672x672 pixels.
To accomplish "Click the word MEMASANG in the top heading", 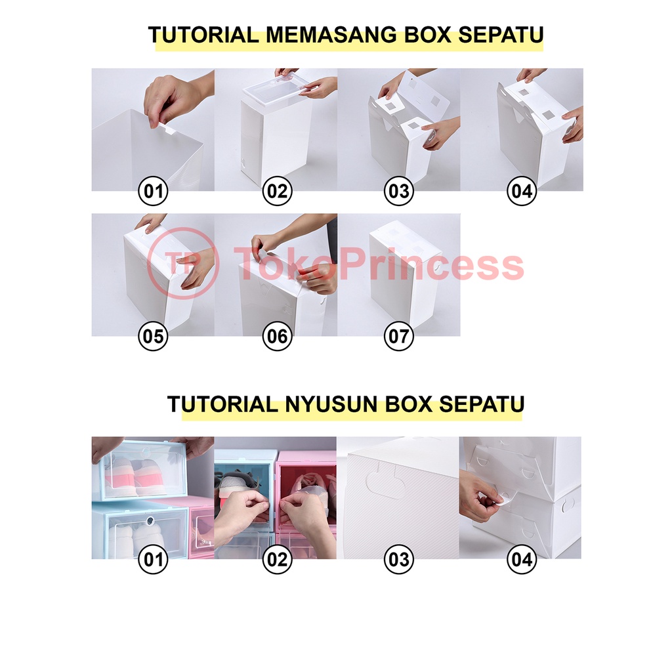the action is pyautogui.click(x=331, y=35).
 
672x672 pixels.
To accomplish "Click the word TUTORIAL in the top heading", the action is pyautogui.click(x=203, y=35).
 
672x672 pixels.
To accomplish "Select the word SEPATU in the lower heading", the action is pyautogui.click(x=482, y=404).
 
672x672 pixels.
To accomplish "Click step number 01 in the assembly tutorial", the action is pyautogui.click(x=153, y=191).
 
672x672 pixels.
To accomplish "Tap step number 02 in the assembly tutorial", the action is pyautogui.click(x=277, y=191).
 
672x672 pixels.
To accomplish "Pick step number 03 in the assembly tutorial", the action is pyautogui.click(x=398, y=191).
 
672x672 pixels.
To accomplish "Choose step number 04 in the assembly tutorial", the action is pyautogui.click(x=522, y=191).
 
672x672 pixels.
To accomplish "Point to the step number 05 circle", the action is pyautogui.click(x=153, y=336).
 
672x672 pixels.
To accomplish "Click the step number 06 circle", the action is pyautogui.click(x=277, y=336).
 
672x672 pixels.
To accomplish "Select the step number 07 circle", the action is pyautogui.click(x=398, y=336).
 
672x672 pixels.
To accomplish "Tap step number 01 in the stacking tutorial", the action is pyautogui.click(x=153, y=559).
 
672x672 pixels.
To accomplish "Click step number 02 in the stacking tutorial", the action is pyautogui.click(x=277, y=559).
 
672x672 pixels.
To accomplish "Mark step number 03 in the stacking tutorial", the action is pyautogui.click(x=398, y=559).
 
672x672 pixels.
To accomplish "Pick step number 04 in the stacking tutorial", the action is pyautogui.click(x=522, y=559).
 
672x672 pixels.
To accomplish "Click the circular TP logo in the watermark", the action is pyautogui.click(x=184, y=263).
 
